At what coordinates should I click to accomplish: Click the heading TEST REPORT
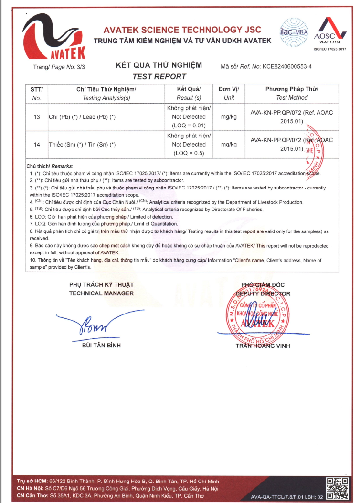(159, 76)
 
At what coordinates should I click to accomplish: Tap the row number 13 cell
(37, 117)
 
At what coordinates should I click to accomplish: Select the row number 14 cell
(37, 144)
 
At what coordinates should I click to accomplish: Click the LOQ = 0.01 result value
(189, 126)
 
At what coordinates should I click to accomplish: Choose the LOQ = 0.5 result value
(189, 153)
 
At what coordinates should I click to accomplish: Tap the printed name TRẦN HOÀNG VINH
(262, 346)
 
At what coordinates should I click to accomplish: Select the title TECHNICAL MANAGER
(101, 293)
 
